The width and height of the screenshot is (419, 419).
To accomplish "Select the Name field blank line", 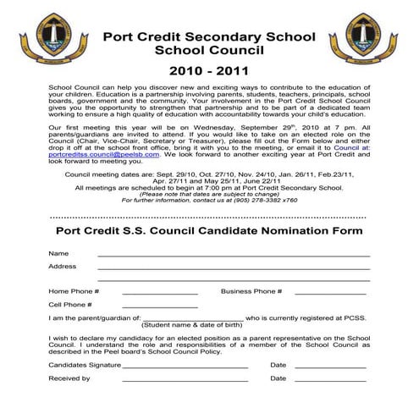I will tap(234, 255).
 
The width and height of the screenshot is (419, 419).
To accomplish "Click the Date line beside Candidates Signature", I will tap(329, 367).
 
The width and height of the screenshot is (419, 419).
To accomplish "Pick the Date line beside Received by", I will tap(329, 380).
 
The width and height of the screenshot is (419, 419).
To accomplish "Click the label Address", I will tap(63, 266).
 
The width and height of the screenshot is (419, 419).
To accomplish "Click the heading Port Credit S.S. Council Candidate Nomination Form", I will tap(209, 230).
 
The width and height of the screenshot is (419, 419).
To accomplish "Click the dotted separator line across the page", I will tap(209, 216).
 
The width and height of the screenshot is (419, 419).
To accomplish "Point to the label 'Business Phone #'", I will tap(251, 290).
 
